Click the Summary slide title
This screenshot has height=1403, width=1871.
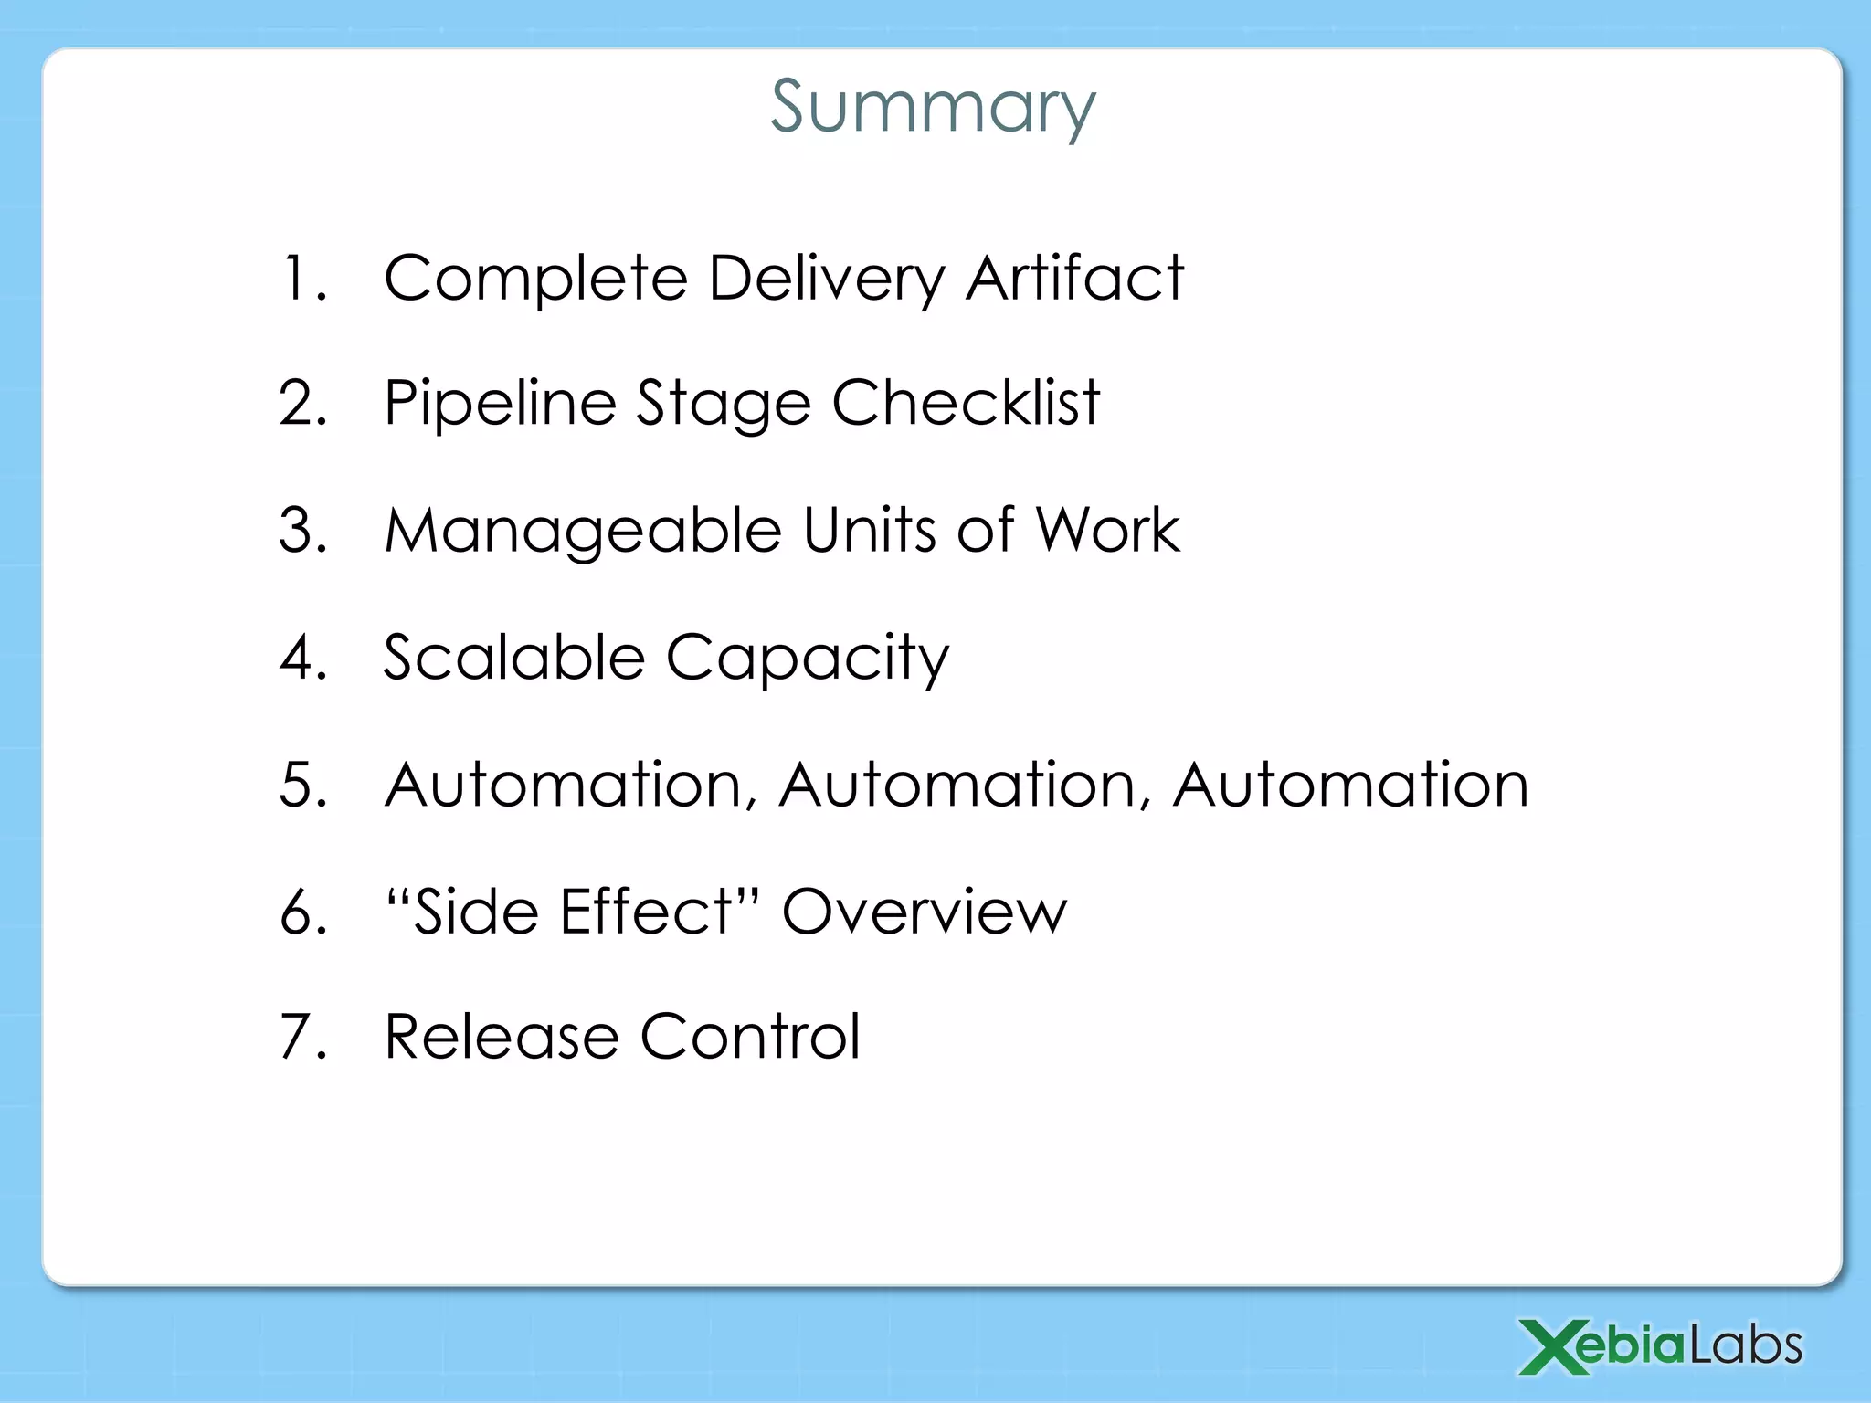(933, 107)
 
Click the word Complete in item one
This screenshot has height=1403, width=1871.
(535, 278)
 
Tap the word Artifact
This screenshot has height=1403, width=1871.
(1074, 278)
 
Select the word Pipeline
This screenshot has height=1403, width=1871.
(500, 404)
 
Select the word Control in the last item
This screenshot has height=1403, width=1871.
(750, 1037)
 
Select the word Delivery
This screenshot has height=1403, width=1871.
(827, 278)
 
